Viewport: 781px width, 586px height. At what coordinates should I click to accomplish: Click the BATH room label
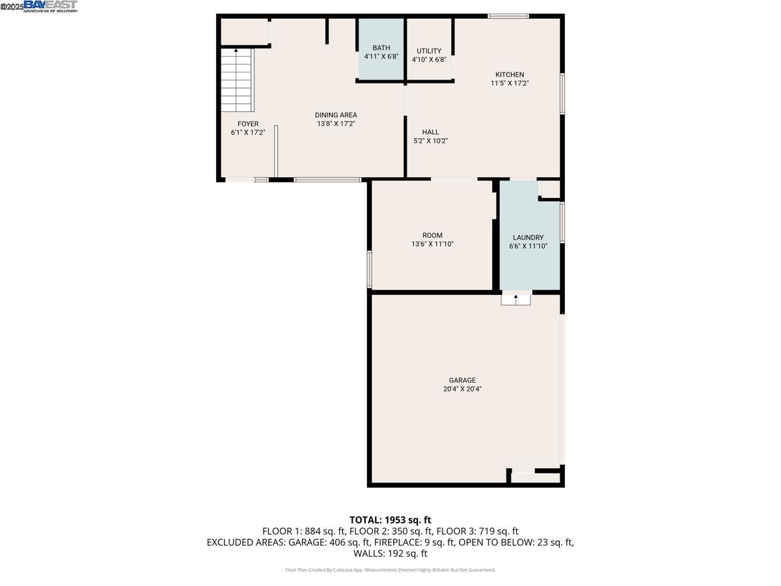pyautogui.click(x=381, y=48)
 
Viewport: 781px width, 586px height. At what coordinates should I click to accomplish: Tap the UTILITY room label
pyautogui.click(x=429, y=51)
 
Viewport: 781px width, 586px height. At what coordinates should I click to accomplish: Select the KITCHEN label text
pyautogui.click(x=510, y=74)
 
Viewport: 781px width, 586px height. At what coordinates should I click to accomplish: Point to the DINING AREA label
pyautogui.click(x=336, y=115)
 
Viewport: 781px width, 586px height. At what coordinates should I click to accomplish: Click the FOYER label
pyautogui.click(x=248, y=124)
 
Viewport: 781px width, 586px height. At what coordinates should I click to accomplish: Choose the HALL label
pyautogui.click(x=430, y=132)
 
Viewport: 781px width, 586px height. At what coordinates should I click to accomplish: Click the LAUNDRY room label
pyautogui.click(x=528, y=238)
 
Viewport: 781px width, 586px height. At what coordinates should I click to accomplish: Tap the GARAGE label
pyautogui.click(x=462, y=380)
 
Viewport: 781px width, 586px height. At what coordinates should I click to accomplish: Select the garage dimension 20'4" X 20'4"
pyautogui.click(x=462, y=389)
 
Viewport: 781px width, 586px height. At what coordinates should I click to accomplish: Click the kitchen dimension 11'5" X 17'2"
pyautogui.click(x=510, y=83)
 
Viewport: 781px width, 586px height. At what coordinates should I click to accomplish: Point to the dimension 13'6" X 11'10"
pyautogui.click(x=432, y=244)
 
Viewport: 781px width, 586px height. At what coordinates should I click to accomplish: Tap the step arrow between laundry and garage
pyautogui.click(x=516, y=299)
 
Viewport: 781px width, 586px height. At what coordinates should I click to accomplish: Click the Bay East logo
pyautogui.click(x=51, y=7)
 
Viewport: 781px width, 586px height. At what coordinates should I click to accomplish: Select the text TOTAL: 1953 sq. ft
pyautogui.click(x=390, y=520)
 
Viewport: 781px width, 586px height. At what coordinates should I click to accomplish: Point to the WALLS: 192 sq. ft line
pyautogui.click(x=390, y=553)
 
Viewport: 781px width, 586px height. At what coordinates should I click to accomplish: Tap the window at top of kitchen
pyautogui.click(x=508, y=16)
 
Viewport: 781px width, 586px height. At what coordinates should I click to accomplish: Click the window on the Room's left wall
pyautogui.click(x=369, y=269)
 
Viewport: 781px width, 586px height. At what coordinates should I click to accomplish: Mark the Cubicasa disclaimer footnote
pyautogui.click(x=390, y=570)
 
